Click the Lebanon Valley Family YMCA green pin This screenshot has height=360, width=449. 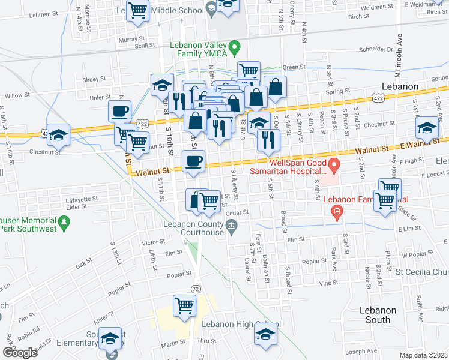click(x=236, y=46)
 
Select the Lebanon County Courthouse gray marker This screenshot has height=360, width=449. click(x=231, y=226)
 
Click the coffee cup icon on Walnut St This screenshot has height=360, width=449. click(x=194, y=161)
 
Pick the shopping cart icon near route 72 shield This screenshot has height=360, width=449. click(x=184, y=305)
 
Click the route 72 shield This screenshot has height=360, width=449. click(x=196, y=289)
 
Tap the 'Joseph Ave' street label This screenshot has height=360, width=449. click(x=364, y=350)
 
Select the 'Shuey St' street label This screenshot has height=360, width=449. click(x=94, y=79)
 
